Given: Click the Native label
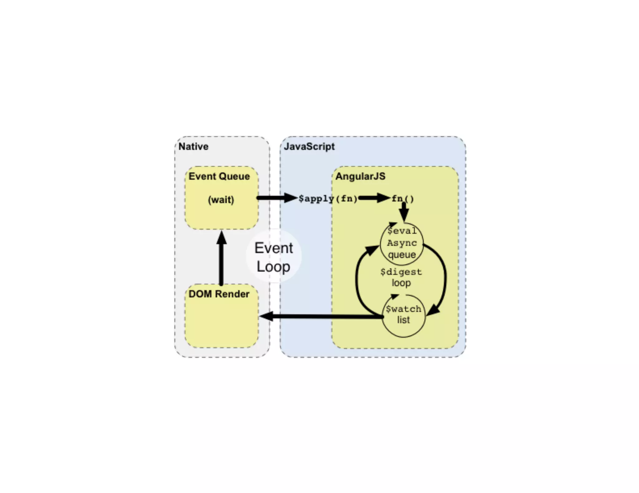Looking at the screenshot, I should (x=193, y=146).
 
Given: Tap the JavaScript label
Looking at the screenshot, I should (x=309, y=146).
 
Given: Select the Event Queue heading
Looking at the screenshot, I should (x=219, y=176).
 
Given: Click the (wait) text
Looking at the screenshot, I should (x=221, y=200).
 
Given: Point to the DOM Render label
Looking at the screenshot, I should (x=219, y=294).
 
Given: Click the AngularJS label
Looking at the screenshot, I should (x=360, y=176).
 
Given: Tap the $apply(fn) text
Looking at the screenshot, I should (x=328, y=199).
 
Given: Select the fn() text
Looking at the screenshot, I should (x=402, y=199).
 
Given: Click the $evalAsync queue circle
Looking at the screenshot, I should (x=402, y=243).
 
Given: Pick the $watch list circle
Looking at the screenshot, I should (x=403, y=315).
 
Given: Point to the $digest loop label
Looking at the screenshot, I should (x=401, y=277).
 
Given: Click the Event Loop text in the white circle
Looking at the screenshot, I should (x=274, y=257).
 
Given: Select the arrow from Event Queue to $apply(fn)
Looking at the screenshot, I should (x=276, y=198).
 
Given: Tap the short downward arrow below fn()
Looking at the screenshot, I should (x=404, y=212).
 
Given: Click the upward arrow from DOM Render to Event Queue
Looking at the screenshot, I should (x=221, y=259).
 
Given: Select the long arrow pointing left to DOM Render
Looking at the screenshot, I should (x=321, y=317).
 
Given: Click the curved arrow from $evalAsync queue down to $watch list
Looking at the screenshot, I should (x=443, y=277).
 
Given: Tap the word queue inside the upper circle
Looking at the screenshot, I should (x=402, y=255).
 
